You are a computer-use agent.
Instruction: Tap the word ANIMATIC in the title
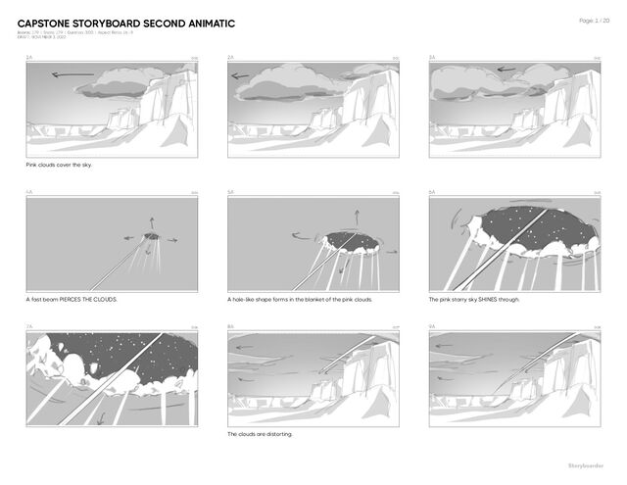click(202, 23)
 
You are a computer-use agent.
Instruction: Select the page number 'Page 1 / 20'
click(595, 20)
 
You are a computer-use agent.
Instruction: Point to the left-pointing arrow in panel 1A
click(72, 74)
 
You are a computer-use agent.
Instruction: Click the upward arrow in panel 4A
click(151, 221)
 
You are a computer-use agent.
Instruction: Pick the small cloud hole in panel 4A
click(151, 236)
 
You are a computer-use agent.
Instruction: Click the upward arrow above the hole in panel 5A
click(356, 216)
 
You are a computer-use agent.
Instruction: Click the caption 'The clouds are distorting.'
click(260, 433)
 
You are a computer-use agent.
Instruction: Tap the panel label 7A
click(29, 326)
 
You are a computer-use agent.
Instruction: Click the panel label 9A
click(432, 326)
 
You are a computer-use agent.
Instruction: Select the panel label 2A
click(230, 58)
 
